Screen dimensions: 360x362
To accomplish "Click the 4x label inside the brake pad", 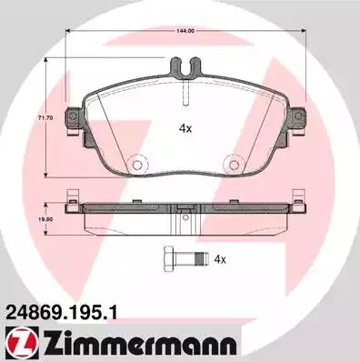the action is (x=185, y=129).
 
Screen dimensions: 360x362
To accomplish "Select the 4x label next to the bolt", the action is (x=220, y=259).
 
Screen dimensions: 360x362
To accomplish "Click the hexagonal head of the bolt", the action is (x=169, y=259).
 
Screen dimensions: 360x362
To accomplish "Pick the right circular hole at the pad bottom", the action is (x=233, y=165).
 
